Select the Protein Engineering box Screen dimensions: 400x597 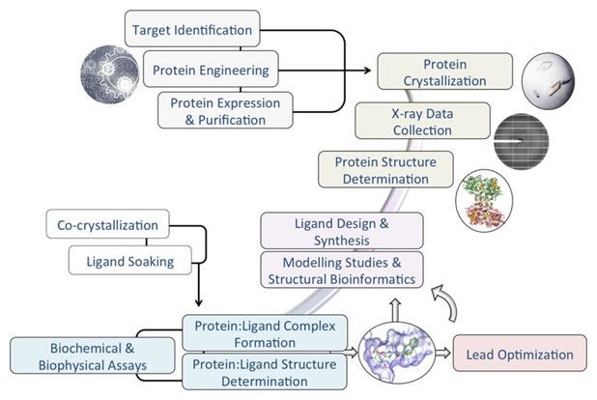[x=212, y=70]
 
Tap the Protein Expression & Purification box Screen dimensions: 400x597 [x=226, y=109]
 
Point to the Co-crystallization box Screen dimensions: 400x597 [x=107, y=225]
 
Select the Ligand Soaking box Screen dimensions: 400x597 [x=127, y=260]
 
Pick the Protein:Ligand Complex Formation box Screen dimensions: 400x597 [x=264, y=334]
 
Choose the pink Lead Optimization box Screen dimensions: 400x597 [x=519, y=355]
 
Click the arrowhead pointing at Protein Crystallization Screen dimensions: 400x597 [x=372, y=70]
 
